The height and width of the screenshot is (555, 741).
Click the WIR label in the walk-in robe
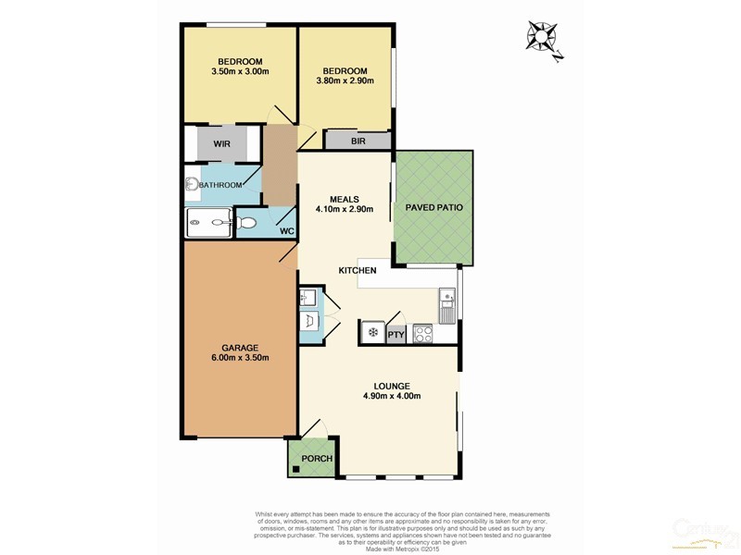coord(221,144)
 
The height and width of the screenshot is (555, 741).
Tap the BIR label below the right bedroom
coord(358,142)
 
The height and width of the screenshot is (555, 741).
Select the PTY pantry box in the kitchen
coord(396,334)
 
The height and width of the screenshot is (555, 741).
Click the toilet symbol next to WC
coord(247,222)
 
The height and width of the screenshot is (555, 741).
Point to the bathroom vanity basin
coord(191,184)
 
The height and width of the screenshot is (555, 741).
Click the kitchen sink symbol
coord(447,305)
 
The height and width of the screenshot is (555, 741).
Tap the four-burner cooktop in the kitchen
coord(424,334)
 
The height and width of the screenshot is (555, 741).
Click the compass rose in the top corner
coord(543,38)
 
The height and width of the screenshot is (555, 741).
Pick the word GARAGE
coord(239,348)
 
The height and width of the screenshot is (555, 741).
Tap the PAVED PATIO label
coord(434,208)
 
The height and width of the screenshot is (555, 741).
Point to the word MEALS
coord(345,197)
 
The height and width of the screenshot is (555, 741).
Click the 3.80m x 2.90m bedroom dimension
coord(345,81)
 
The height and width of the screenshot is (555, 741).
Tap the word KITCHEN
coord(357,270)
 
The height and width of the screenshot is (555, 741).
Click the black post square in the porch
coord(296,469)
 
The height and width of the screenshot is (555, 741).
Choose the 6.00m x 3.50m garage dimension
coord(239,359)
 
